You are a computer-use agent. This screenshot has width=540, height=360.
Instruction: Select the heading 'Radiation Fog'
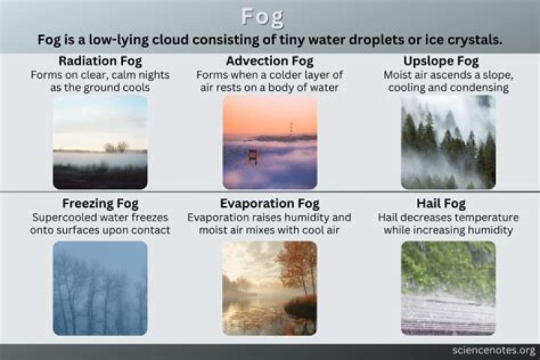(x=100, y=60)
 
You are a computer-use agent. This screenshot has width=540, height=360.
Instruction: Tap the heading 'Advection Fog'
(x=269, y=60)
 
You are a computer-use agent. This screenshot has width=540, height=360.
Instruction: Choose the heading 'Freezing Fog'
(x=100, y=203)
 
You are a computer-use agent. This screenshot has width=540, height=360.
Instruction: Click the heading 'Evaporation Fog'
(x=269, y=203)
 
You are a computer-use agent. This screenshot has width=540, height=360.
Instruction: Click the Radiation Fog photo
(x=100, y=142)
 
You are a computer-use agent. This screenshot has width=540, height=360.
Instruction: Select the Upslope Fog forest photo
(x=448, y=142)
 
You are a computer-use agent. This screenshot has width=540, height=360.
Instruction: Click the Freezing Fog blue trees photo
(x=100, y=288)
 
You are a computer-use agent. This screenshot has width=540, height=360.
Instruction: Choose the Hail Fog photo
(x=448, y=288)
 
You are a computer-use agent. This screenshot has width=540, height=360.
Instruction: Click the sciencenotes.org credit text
(x=494, y=350)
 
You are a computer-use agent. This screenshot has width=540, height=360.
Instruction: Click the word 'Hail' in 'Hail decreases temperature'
(x=391, y=217)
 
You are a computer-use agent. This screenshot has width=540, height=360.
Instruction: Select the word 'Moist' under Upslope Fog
(x=398, y=75)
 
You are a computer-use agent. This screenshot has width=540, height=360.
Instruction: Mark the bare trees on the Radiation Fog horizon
(x=116, y=147)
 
